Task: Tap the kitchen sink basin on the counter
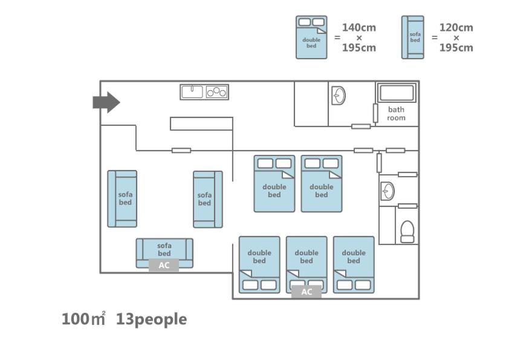[x=192, y=92]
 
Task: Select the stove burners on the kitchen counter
[x=216, y=92]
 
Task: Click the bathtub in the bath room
[x=397, y=93]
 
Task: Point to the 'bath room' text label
[x=397, y=114]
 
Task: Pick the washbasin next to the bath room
[x=339, y=96]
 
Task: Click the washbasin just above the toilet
[x=387, y=192]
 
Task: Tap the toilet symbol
[x=407, y=231]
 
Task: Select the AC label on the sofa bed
[x=164, y=265]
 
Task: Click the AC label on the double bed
[x=306, y=292]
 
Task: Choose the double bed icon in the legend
[x=311, y=38]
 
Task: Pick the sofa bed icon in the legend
[x=413, y=38]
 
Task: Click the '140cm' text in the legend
[x=359, y=27]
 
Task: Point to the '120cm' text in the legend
[x=456, y=27]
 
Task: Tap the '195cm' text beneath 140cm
[x=359, y=48]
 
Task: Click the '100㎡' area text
[x=83, y=319]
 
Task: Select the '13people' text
[x=151, y=319]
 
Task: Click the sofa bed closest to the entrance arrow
[x=122, y=198]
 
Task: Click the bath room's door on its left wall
[x=375, y=113]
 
